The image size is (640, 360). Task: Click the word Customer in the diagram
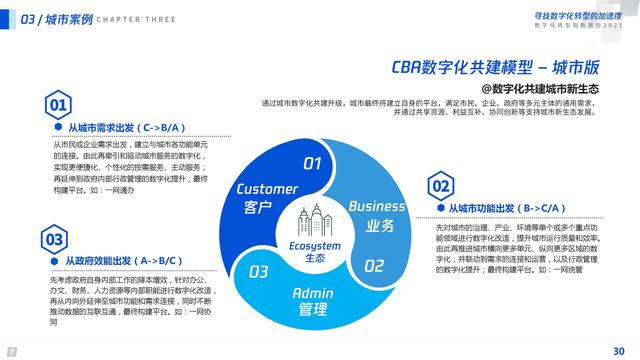pyautogui.click(x=267, y=189)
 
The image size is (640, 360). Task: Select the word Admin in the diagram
pyautogui.click(x=312, y=293)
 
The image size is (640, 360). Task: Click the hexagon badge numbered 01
pyautogui.click(x=59, y=104)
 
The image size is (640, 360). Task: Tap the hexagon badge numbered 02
pyautogui.click(x=440, y=186)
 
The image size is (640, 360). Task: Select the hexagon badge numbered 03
pyautogui.click(x=54, y=239)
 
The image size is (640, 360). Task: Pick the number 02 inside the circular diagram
pyautogui.click(x=373, y=266)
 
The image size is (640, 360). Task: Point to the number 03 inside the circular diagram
pyautogui.click(x=259, y=271)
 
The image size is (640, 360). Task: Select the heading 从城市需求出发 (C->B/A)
pyautogui.click(x=124, y=128)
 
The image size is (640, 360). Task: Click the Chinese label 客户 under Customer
pyautogui.click(x=258, y=208)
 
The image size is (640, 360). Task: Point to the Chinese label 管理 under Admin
pyautogui.click(x=312, y=311)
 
